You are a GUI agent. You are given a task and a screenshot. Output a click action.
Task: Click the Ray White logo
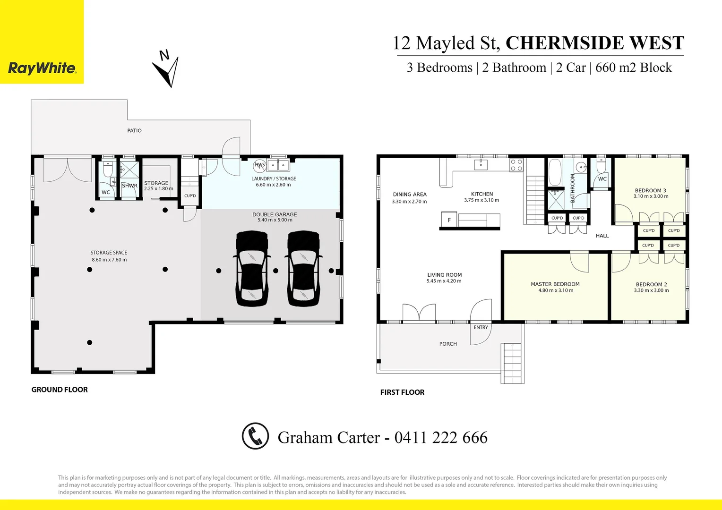coord(42,68)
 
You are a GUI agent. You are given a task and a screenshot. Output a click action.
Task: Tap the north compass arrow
coord(167,71)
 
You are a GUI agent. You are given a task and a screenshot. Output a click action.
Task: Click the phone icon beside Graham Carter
coord(255,436)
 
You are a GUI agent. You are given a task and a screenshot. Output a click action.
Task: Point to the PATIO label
coord(134,130)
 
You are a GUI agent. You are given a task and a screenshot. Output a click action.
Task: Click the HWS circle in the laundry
coord(259,165)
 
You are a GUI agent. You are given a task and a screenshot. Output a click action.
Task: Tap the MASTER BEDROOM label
coord(555,284)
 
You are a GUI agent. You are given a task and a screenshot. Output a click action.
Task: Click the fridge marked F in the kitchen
coord(449,220)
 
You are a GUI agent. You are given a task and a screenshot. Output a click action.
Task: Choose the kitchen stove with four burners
coord(516,165)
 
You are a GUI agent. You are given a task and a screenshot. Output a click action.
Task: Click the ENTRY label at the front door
coord(481,327)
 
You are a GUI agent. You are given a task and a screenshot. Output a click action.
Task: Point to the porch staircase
coord(513,362)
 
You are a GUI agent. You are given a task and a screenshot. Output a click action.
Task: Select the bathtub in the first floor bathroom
coord(555,172)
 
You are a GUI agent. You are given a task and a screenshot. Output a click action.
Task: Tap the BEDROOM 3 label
coord(650,191)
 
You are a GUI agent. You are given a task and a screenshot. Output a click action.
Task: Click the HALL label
coord(602,236)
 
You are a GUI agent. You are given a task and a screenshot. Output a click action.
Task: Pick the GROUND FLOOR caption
coord(60,390)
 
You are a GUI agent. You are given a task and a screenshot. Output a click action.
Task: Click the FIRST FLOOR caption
coord(402,392)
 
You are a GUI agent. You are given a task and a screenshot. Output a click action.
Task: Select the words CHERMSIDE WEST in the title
coord(594,43)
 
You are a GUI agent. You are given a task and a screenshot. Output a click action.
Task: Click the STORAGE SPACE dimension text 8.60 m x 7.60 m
coord(109,260)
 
